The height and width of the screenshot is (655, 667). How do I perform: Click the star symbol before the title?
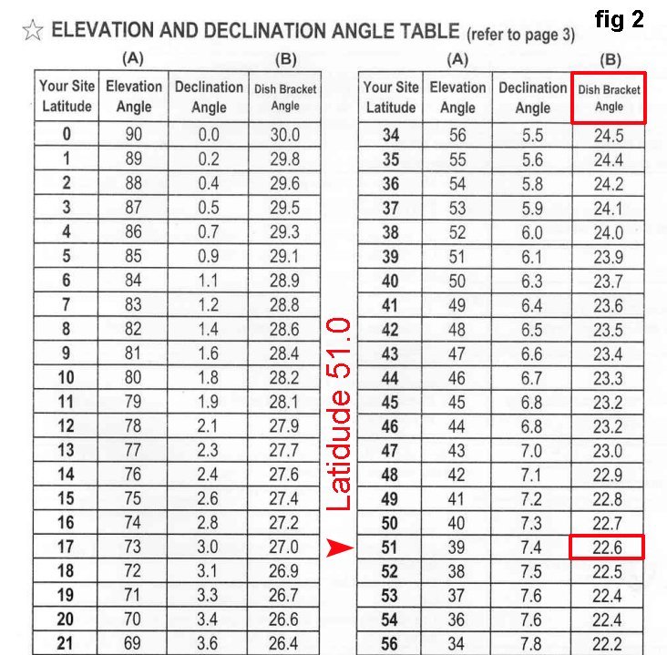click(33, 32)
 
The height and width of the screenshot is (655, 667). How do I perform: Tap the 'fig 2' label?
click(621, 20)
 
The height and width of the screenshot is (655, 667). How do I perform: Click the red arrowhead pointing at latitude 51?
click(339, 548)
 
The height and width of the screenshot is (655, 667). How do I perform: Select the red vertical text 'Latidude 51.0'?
click(338, 413)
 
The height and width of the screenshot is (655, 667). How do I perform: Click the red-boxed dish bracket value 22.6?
click(608, 548)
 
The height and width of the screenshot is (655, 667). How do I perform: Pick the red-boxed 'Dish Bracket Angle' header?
click(609, 97)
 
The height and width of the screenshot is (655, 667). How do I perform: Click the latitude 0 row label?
click(67, 135)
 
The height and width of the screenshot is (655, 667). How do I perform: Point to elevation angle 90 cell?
click(134, 135)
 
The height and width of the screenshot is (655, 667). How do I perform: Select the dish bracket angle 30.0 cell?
click(284, 135)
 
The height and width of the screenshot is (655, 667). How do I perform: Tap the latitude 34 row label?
click(390, 136)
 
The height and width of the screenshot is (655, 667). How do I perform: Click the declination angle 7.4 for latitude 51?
click(532, 548)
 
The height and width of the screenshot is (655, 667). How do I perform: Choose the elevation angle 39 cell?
click(457, 548)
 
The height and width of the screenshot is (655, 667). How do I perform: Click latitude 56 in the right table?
click(390, 643)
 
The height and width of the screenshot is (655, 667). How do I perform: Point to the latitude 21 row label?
click(67, 643)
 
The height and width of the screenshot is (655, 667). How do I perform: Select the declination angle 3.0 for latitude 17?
click(209, 548)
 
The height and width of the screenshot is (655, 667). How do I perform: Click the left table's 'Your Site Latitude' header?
click(67, 97)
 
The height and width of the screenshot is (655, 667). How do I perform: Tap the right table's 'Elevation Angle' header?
click(457, 97)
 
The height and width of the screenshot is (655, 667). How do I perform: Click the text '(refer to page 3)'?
click(520, 36)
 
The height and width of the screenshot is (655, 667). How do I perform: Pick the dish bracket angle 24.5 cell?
click(608, 136)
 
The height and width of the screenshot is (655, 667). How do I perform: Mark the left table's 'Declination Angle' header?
click(209, 97)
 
